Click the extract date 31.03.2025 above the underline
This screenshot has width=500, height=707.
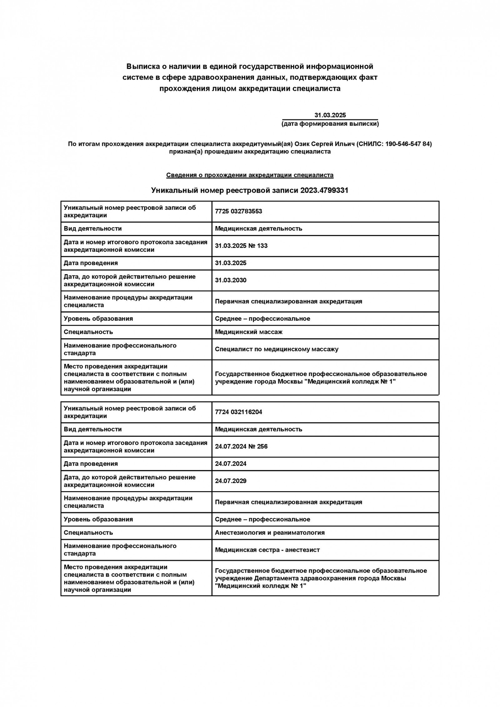(330, 115)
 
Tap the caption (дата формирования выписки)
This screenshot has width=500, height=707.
(330, 124)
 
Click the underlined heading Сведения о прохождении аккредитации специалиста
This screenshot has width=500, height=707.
(250, 175)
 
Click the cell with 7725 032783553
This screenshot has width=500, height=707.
(238, 211)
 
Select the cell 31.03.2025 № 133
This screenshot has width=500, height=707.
(241, 246)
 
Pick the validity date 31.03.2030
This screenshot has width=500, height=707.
(231, 280)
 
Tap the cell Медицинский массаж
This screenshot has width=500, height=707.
(249, 332)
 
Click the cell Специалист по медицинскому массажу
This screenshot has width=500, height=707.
(277, 349)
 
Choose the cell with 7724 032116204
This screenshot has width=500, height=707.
(238, 412)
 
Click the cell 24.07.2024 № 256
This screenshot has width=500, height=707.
(241, 446)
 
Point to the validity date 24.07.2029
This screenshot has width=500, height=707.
(231, 481)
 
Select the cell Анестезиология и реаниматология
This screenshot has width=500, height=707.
(270, 532)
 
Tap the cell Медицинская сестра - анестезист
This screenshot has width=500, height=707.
(267, 550)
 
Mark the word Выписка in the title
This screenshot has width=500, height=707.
(142, 67)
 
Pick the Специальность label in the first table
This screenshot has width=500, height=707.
(88, 332)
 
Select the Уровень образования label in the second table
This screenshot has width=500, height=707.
(98, 519)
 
